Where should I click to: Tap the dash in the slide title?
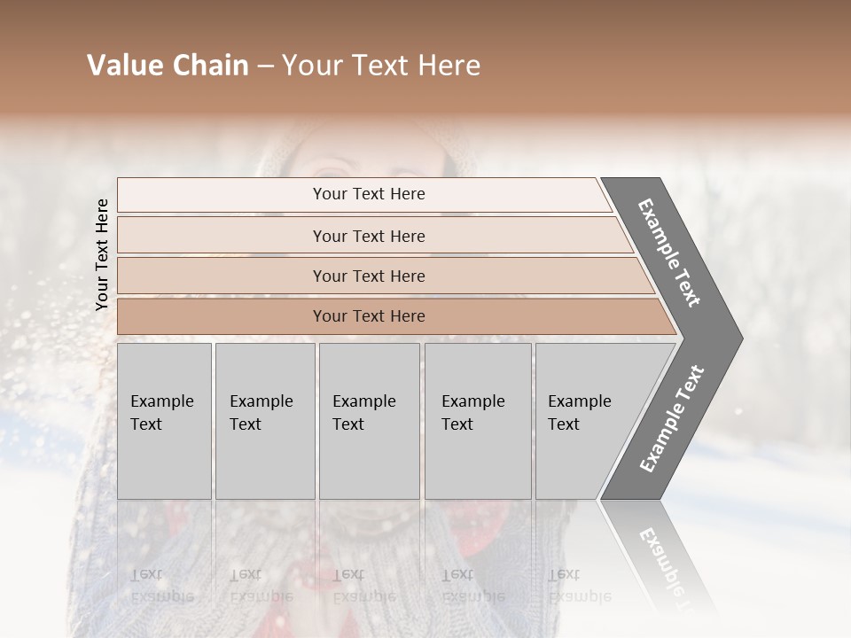coord(265,66)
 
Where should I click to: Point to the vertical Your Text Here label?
coord(102,254)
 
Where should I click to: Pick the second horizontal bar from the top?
coord(369,236)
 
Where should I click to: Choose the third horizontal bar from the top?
coord(369,276)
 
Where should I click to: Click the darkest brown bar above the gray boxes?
coord(369,316)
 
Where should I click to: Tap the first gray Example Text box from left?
coord(164,421)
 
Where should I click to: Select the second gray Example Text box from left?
coord(265,421)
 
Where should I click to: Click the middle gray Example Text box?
coord(369,421)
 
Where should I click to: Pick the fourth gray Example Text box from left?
coord(478,421)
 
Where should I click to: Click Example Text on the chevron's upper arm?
coord(669,253)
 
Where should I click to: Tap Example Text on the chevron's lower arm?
coord(672,419)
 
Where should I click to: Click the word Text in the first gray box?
coord(146,424)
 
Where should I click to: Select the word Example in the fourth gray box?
coord(473,401)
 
